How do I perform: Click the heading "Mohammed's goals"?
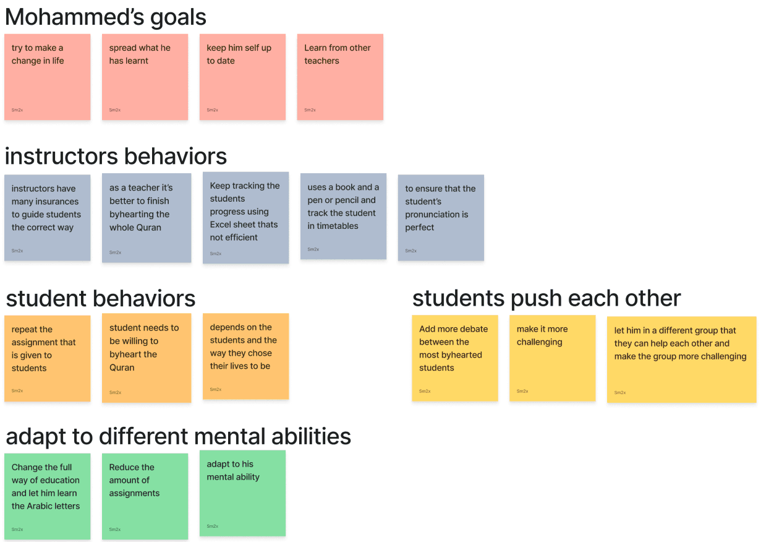[x=105, y=17]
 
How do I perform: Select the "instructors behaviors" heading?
[x=116, y=156]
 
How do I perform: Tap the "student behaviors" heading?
[x=101, y=298]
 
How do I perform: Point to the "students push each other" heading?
[x=546, y=298]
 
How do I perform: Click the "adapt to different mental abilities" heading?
[x=179, y=436]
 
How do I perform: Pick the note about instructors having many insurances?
[x=48, y=217]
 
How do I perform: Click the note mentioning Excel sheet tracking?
[x=245, y=217]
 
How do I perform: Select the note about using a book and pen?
[x=343, y=216]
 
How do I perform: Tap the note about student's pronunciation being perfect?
[x=441, y=217]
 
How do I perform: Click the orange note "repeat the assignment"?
[x=48, y=358]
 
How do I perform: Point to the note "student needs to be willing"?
[x=147, y=358]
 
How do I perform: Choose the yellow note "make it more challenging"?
[x=552, y=358]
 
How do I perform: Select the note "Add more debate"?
[x=455, y=358]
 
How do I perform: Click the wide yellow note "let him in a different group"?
[x=681, y=359]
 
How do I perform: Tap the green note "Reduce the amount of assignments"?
[x=145, y=496]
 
